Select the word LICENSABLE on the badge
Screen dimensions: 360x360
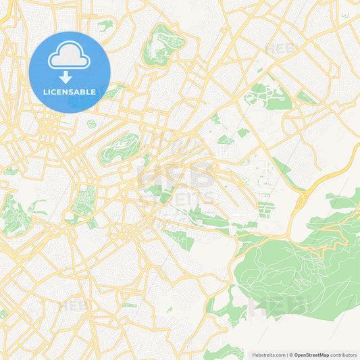coord(70,91)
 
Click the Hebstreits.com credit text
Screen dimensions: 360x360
coord(269,354)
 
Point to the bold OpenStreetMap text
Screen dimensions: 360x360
coord(311,354)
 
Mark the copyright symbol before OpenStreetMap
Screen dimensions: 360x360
coord(291,354)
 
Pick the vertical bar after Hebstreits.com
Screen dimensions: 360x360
coord(286,354)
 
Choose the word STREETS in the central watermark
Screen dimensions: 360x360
coord(178,199)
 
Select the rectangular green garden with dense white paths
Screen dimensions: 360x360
coord(84,201)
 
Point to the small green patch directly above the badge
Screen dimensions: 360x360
coord(104,26)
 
